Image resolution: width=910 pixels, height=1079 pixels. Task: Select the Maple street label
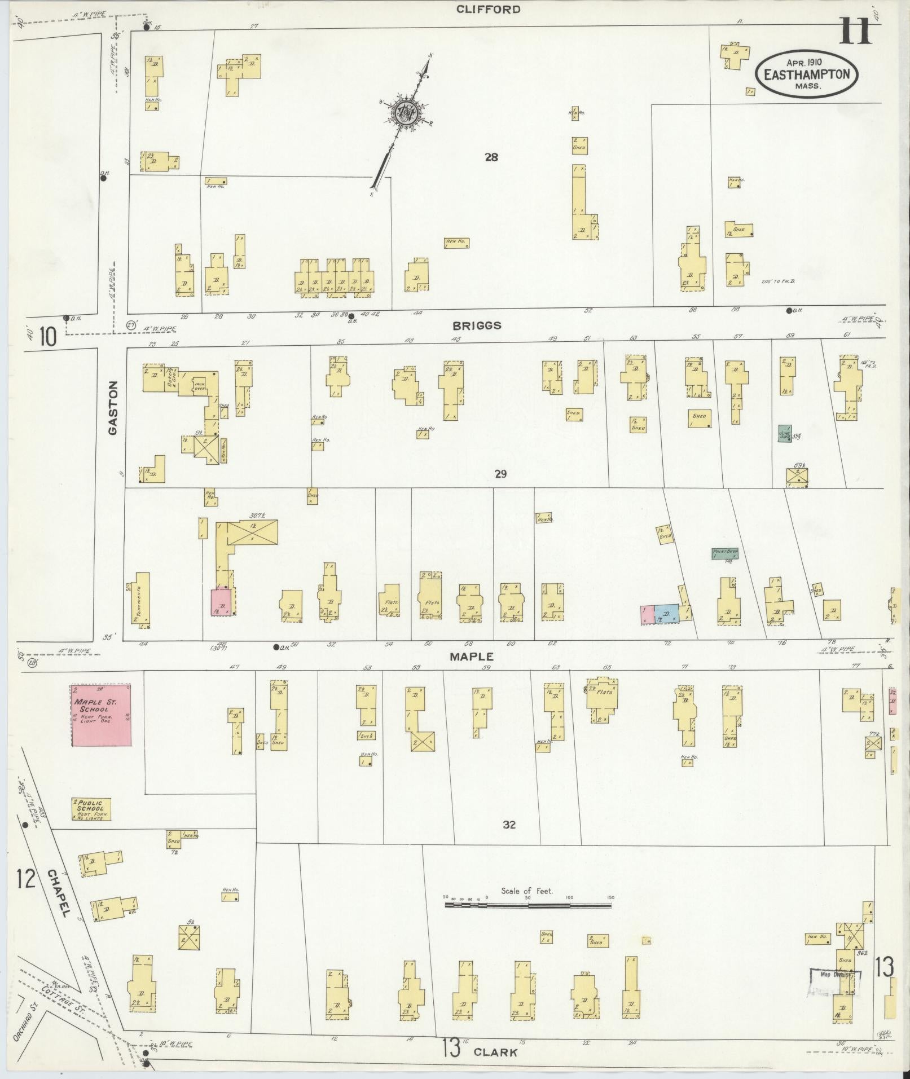(x=472, y=657)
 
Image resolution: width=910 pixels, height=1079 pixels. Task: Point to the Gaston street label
(x=113, y=408)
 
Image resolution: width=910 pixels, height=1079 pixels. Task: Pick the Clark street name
(x=495, y=1051)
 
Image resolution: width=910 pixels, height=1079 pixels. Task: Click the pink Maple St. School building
(x=102, y=715)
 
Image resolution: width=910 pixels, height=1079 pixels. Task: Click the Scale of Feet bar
(x=528, y=905)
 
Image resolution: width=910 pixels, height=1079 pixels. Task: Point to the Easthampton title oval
(x=807, y=74)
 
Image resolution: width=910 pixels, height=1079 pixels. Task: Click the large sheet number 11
(x=855, y=30)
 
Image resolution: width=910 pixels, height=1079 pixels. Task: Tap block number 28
(x=491, y=157)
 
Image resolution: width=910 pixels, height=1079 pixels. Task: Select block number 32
(x=509, y=825)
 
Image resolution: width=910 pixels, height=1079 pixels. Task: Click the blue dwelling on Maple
(x=666, y=614)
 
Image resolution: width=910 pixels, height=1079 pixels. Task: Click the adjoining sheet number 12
(x=26, y=879)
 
